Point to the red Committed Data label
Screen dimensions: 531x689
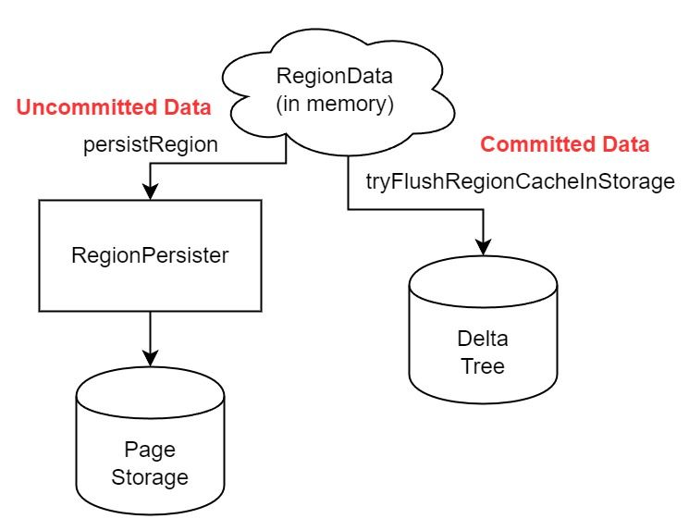(565, 145)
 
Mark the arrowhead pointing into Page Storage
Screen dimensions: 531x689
(149, 358)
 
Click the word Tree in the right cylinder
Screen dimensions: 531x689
(482, 366)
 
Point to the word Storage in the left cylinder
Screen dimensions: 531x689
(149, 477)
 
